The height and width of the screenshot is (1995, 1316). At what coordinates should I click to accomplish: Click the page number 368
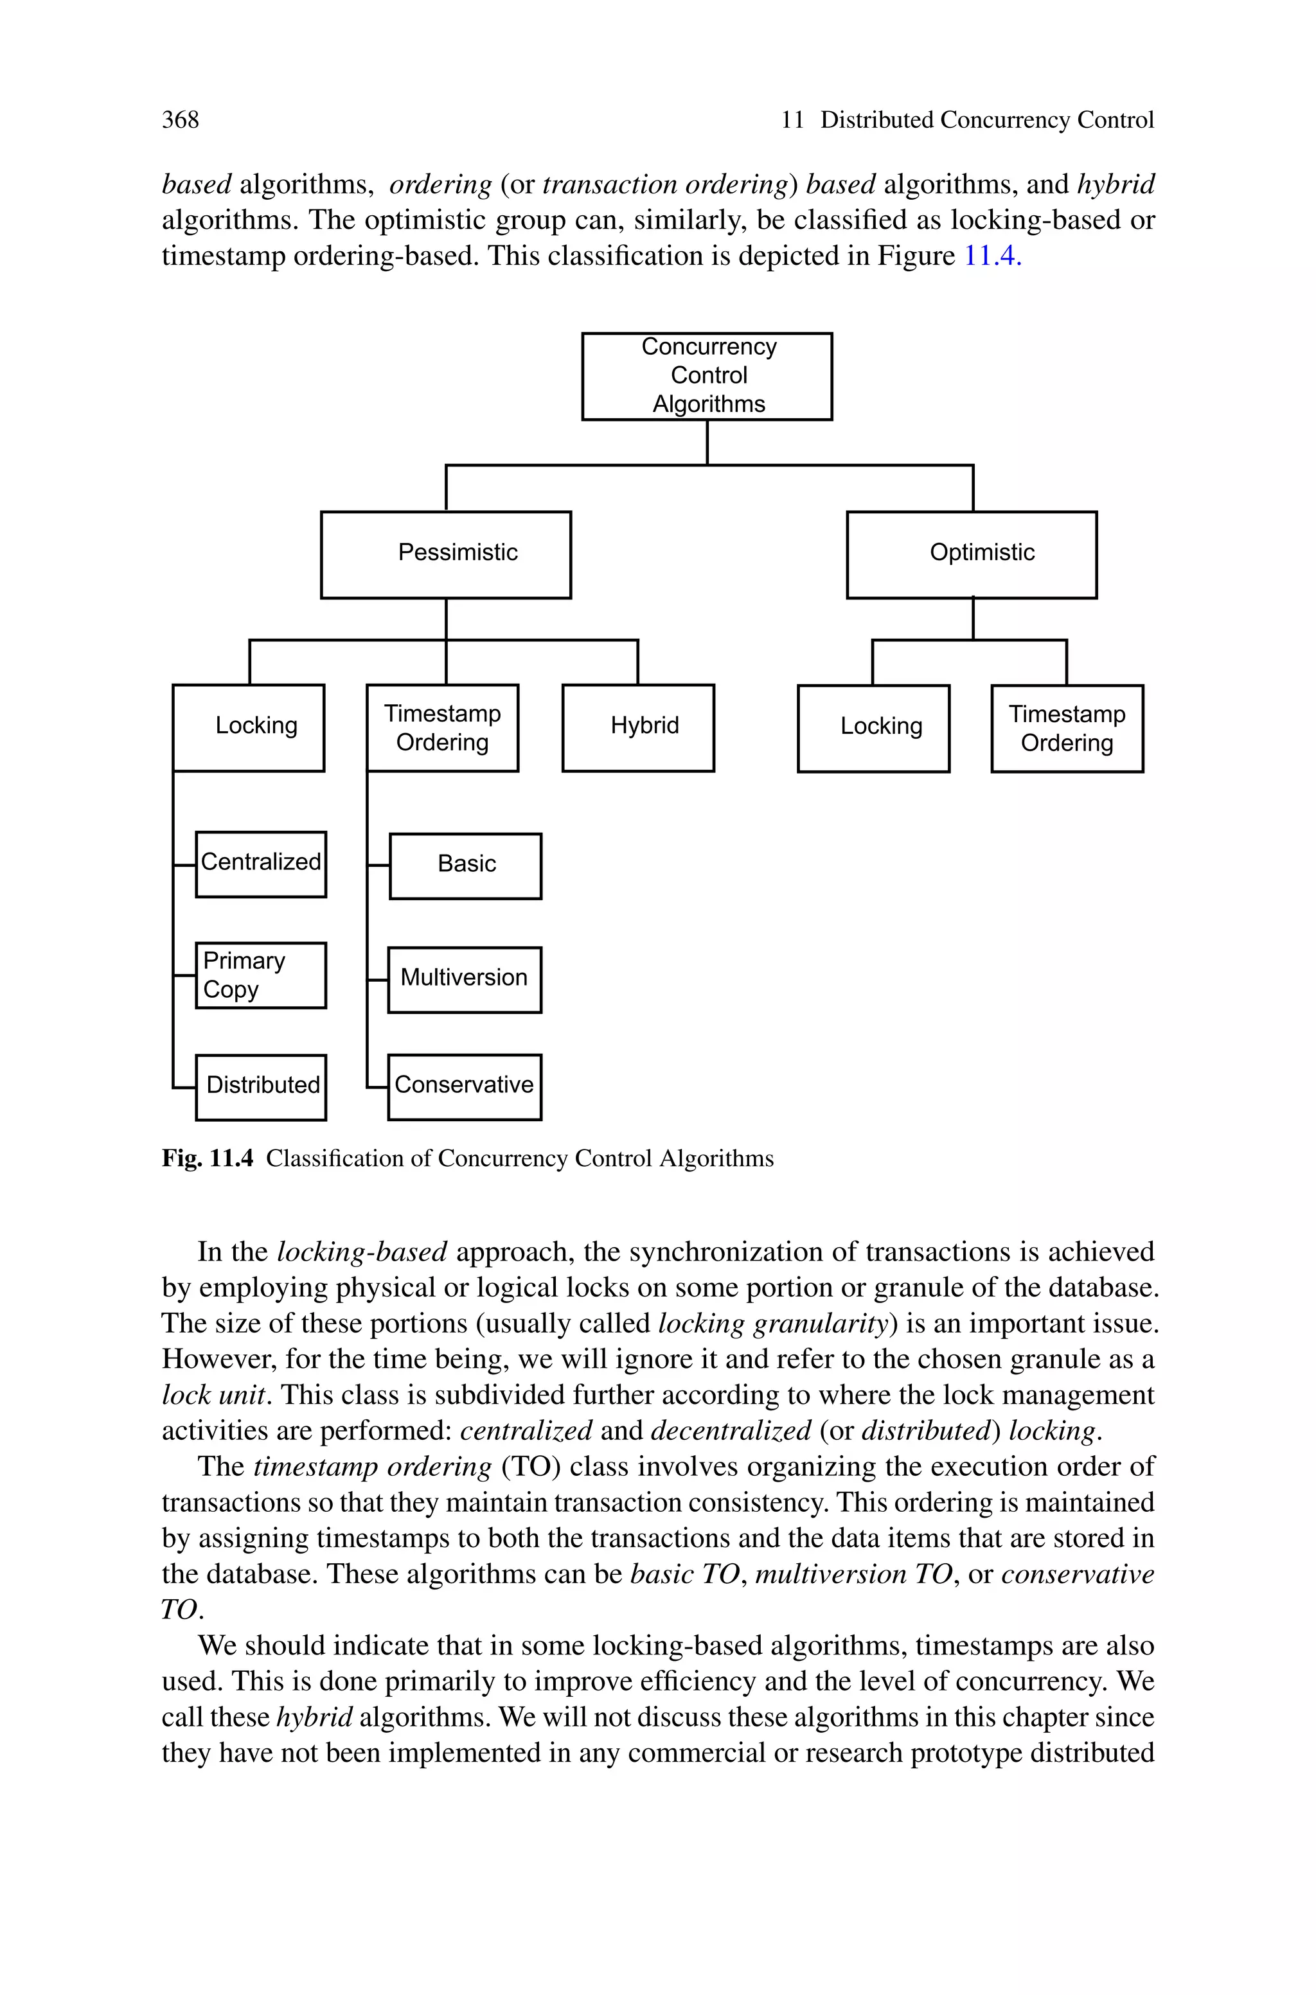[181, 120]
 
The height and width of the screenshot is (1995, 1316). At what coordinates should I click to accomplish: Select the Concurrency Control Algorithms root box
[707, 376]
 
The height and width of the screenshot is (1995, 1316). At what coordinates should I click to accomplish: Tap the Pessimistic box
[446, 554]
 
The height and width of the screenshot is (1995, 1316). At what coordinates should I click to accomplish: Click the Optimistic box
[971, 554]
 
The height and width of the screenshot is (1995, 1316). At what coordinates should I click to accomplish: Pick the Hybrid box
[638, 727]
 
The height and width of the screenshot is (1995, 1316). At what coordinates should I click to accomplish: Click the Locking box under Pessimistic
[249, 727]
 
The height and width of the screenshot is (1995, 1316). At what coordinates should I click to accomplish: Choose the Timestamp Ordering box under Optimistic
[1067, 728]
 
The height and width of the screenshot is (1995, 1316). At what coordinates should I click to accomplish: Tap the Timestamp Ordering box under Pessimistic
[442, 727]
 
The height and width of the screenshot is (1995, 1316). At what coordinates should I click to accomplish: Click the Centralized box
[261, 864]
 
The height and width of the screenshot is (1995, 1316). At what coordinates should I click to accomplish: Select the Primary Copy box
[261, 975]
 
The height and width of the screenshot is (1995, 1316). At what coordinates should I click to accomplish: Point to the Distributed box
[261, 1086]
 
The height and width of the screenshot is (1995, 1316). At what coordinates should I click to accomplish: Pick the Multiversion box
[464, 979]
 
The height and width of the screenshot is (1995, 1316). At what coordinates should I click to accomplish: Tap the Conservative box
[464, 1086]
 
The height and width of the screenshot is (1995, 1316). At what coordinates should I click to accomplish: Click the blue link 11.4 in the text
[992, 256]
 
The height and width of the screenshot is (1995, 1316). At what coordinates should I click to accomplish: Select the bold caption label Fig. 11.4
[208, 1158]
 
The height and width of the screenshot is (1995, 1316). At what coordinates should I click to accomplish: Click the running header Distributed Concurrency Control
[986, 120]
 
